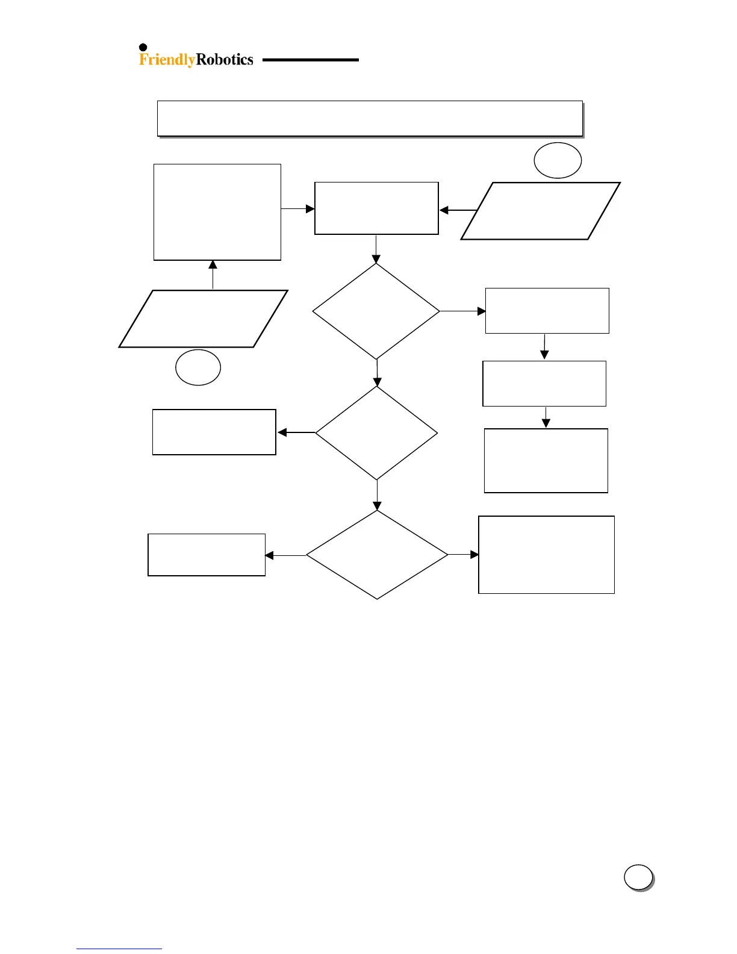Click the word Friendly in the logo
click(x=167, y=60)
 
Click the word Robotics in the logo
click(x=225, y=59)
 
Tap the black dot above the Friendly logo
click(x=143, y=48)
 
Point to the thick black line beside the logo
click(x=310, y=60)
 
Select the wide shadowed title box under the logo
click(x=370, y=119)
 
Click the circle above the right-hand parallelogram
click(x=558, y=161)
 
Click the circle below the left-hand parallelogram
click(x=198, y=367)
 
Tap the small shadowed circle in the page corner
click(x=638, y=878)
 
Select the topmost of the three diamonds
click(x=376, y=311)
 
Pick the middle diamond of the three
click(x=377, y=433)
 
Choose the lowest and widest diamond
click(x=377, y=555)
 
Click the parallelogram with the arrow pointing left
click(x=540, y=211)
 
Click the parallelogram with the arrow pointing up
click(x=204, y=319)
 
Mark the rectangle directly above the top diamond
click(x=376, y=208)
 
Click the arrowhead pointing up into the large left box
click(x=213, y=265)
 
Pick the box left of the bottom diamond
click(x=207, y=555)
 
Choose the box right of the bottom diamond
click(x=546, y=555)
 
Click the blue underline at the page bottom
click(x=119, y=949)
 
